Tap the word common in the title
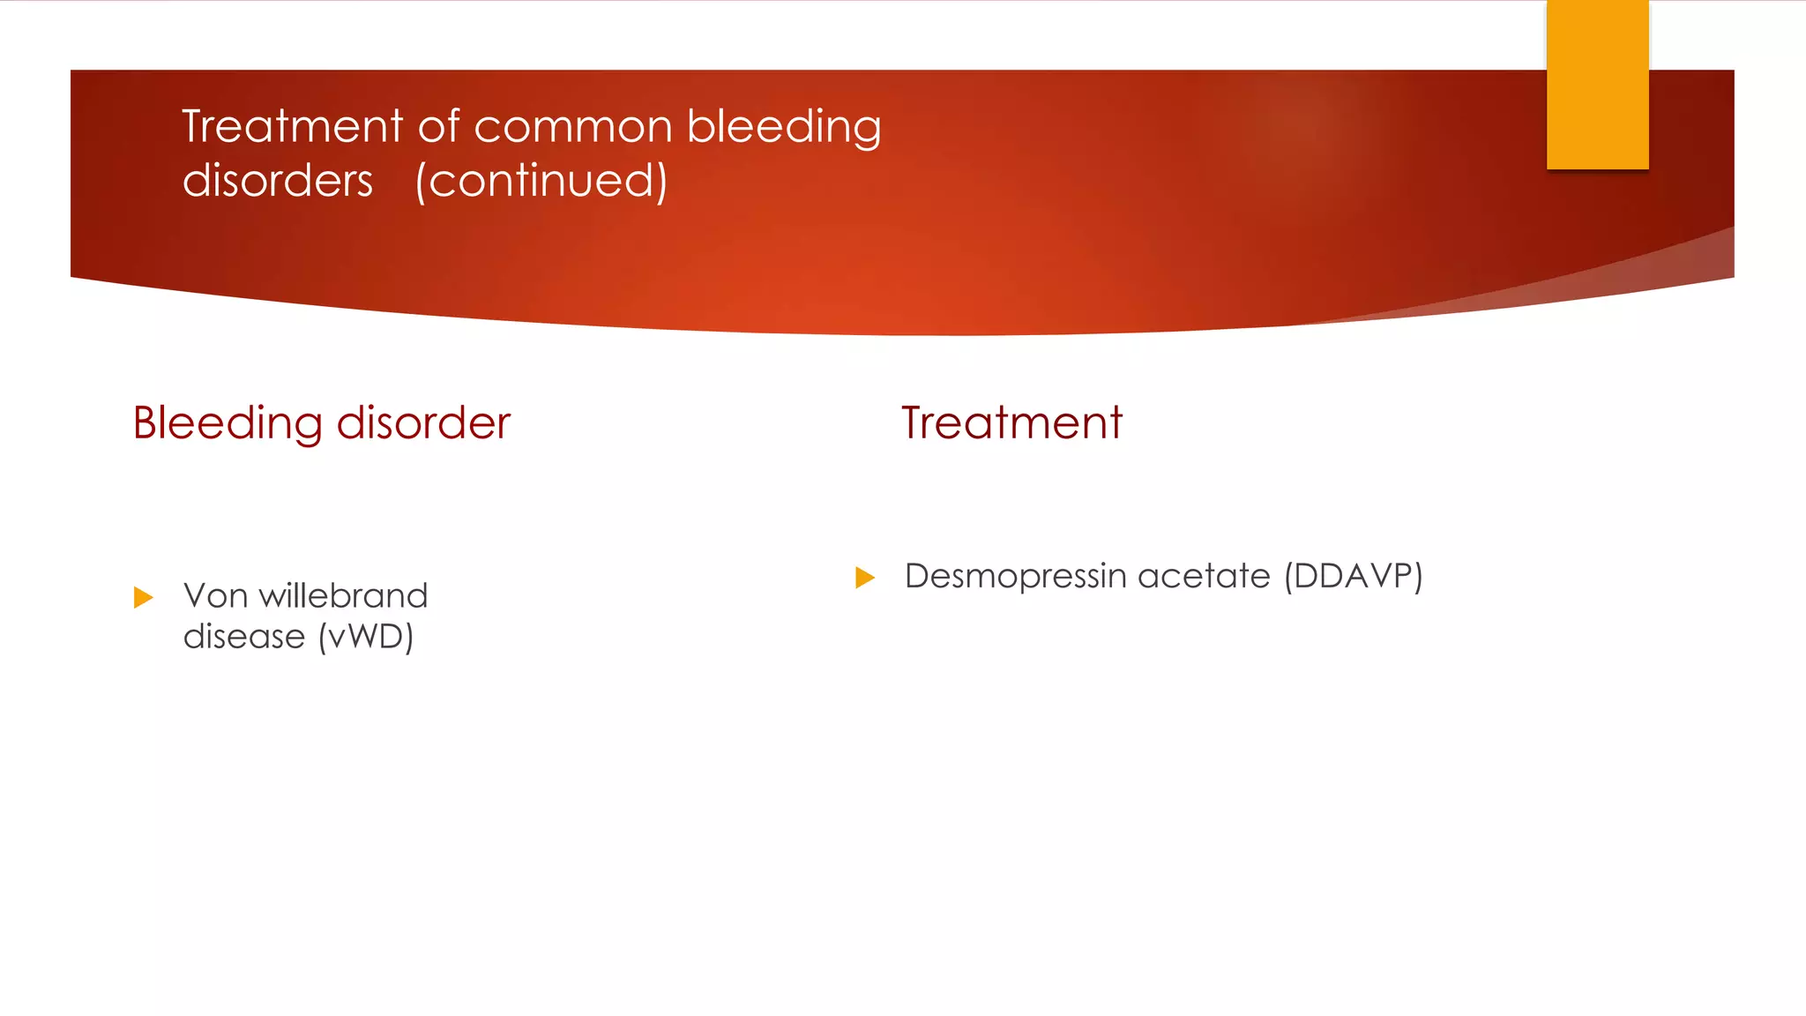(x=573, y=126)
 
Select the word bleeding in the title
(x=784, y=126)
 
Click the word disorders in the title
(x=278, y=181)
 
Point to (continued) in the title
(x=541, y=181)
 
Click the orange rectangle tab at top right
(x=1597, y=84)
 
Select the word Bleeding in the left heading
(x=228, y=422)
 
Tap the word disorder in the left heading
(x=423, y=422)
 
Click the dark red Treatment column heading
(x=1011, y=422)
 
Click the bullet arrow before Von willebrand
(x=143, y=598)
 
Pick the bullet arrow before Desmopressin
(x=865, y=578)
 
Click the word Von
(x=215, y=596)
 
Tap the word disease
(x=244, y=637)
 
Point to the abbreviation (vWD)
(x=366, y=637)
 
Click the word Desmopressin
(x=1016, y=576)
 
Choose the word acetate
(x=1204, y=576)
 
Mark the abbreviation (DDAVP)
(x=1354, y=576)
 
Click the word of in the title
(x=438, y=126)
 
